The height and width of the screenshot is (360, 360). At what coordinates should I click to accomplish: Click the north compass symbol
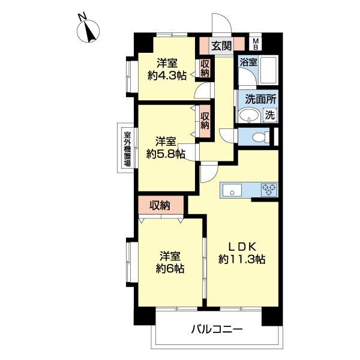[88, 31]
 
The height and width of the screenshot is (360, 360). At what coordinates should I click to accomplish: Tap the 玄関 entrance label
[221, 46]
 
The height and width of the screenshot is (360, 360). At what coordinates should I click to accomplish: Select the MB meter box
[256, 44]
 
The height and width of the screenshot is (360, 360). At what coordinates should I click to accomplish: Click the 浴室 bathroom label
[248, 62]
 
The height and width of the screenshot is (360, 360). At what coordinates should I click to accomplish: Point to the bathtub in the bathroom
[268, 70]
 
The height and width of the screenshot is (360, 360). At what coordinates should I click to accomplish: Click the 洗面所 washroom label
[260, 99]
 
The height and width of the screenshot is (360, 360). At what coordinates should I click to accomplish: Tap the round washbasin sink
[249, 115]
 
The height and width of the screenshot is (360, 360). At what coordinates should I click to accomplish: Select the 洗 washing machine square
[270, 115]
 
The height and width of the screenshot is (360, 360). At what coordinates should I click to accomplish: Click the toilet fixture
[261, 137]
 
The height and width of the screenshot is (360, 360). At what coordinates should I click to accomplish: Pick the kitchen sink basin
[232, 191]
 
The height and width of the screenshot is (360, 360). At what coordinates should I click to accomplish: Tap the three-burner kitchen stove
[269, 190]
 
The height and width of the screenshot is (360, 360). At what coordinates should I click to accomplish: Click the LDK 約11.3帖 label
[242, 253]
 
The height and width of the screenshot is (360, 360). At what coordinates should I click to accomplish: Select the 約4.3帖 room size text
[167, 76]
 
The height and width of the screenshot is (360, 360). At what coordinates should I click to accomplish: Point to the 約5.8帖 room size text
[166, 154]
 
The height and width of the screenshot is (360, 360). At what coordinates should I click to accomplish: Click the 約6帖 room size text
[170, 268]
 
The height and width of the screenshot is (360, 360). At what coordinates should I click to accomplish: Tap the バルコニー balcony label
[217, 329]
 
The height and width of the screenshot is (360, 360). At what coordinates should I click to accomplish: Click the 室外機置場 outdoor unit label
[127, 149]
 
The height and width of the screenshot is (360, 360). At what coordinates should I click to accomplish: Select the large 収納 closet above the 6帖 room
[161, 205]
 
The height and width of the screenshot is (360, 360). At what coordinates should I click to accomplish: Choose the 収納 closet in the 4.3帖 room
[205, 68]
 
